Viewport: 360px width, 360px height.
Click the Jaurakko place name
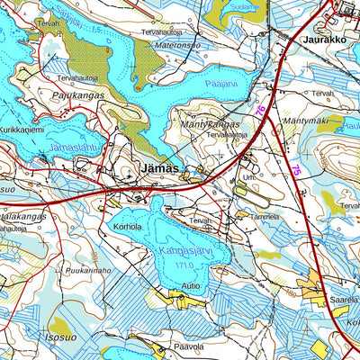[325, 40]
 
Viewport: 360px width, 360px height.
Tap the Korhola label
[128, 228]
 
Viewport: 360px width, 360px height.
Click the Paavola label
[188, 346]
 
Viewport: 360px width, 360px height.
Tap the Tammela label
[265, 217]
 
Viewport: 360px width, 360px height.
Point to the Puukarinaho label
[88, 269]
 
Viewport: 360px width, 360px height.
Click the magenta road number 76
[261, 109]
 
